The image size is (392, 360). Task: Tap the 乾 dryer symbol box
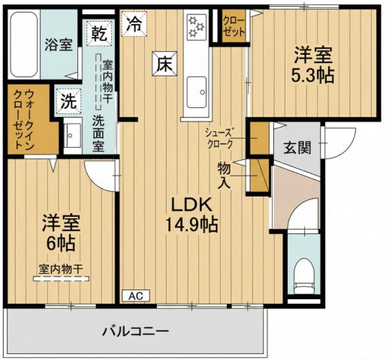[x=99, y=33]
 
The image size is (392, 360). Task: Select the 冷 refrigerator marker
[x=134, y=23]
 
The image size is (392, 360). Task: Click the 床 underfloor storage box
[x=164, y=64]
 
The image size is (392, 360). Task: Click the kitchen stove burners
[x=197, y=27]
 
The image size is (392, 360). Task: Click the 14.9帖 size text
[x=192, y=223]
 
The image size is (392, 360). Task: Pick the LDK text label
[x=192, y=203]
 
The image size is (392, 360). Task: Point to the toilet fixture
[x=304, y=274]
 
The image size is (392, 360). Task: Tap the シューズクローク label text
[x=223, y=137]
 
